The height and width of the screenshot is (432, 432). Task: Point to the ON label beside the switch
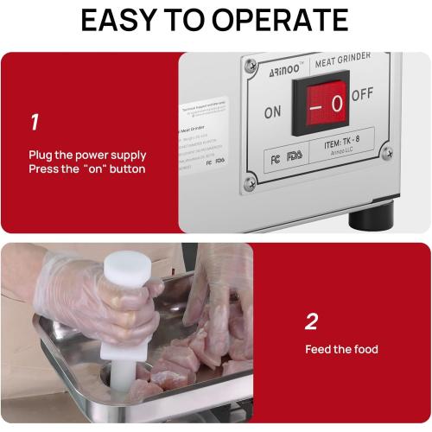pos(272,111)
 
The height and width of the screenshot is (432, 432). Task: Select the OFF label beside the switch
pos(362,94)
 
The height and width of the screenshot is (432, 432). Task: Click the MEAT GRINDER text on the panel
pos(344,60)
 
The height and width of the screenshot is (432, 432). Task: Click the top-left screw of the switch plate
pos(251,65)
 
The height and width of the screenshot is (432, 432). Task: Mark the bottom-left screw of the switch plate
pos(251,182)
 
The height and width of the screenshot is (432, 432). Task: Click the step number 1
pos(34,122)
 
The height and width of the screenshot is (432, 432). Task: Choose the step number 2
pos(311,322)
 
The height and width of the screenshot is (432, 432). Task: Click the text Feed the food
pos(341,350)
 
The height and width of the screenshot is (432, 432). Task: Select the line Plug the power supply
pos(87,156)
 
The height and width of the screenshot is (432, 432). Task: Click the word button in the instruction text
pos(128,168)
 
